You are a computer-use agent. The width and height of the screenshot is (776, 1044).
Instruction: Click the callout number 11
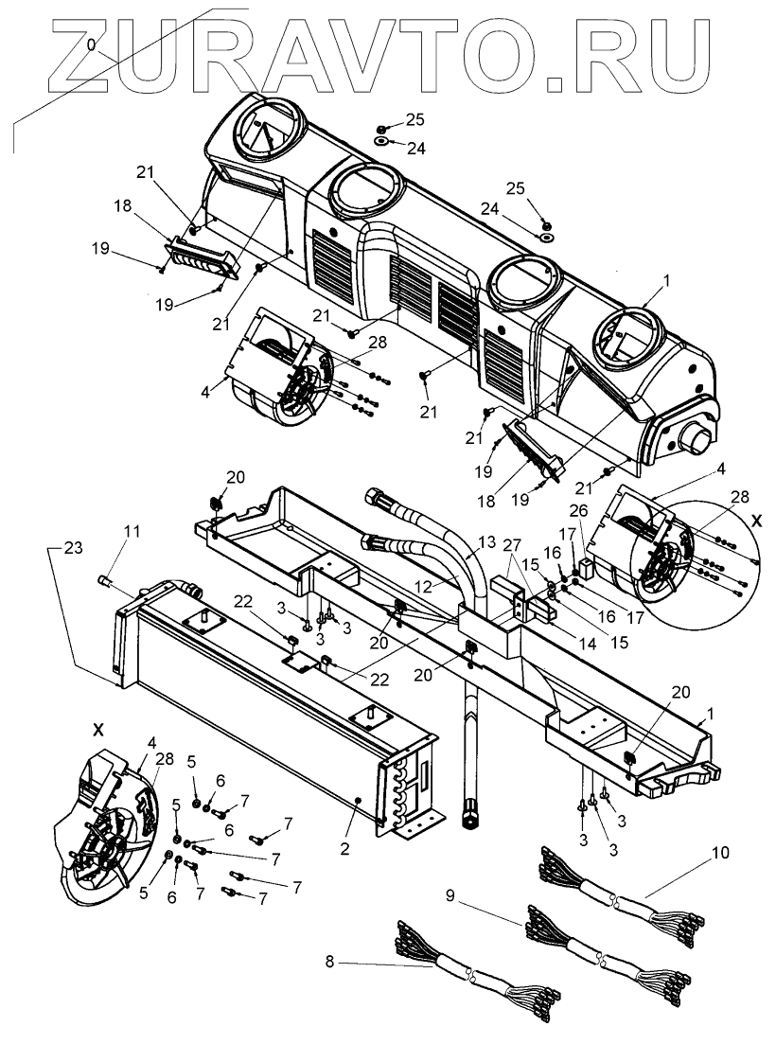tap(131, 532)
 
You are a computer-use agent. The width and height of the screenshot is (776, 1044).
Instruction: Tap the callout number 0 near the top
tap(90, 44)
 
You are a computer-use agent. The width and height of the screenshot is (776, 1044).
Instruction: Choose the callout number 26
tap(579, 510)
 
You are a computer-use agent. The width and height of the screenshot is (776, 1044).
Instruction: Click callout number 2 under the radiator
tap(345, 849)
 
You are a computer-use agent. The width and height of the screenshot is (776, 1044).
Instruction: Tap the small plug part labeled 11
tap(106, 580)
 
